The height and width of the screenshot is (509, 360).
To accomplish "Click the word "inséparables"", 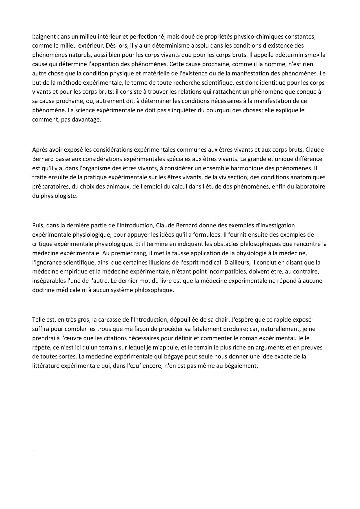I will pos(49,281).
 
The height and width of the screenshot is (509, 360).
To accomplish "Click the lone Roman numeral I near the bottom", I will pos(33,454).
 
